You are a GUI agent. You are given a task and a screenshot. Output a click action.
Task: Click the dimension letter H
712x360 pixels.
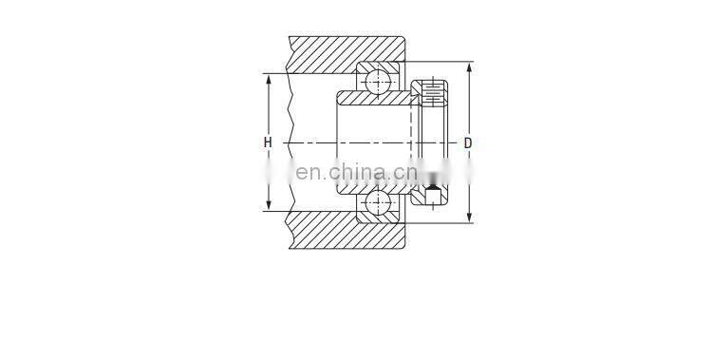[269, 143]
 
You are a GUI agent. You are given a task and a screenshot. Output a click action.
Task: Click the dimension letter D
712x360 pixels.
[468, 143]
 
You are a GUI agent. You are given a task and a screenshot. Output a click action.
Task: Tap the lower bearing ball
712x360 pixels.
[379, 202]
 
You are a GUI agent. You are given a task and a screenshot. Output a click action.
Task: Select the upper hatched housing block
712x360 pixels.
[347, 53]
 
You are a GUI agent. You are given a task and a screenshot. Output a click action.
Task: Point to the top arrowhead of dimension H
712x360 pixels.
[269, 79]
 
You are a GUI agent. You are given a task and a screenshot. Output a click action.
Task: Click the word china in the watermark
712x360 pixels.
[356, 172]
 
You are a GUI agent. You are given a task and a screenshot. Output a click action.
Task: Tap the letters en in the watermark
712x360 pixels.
[308, 173]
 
